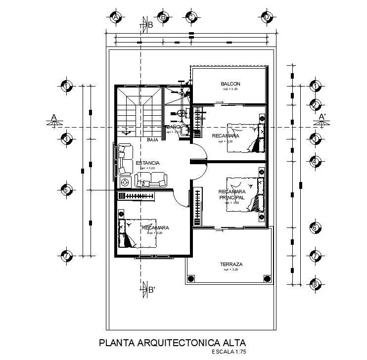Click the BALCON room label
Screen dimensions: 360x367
230,84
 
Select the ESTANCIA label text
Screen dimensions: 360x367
147,163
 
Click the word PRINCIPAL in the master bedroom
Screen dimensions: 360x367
232,197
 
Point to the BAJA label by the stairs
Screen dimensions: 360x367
152,140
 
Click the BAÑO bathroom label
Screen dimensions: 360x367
173,127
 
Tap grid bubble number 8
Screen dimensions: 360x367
314,284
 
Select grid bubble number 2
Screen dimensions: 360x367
314,104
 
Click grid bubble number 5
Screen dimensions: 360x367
66,189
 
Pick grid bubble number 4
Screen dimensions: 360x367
314,161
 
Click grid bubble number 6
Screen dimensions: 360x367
314,228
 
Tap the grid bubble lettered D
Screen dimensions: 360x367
266,17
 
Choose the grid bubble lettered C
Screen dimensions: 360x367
190,17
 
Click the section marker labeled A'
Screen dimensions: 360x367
322,118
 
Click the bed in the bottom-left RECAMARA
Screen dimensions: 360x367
136,232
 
